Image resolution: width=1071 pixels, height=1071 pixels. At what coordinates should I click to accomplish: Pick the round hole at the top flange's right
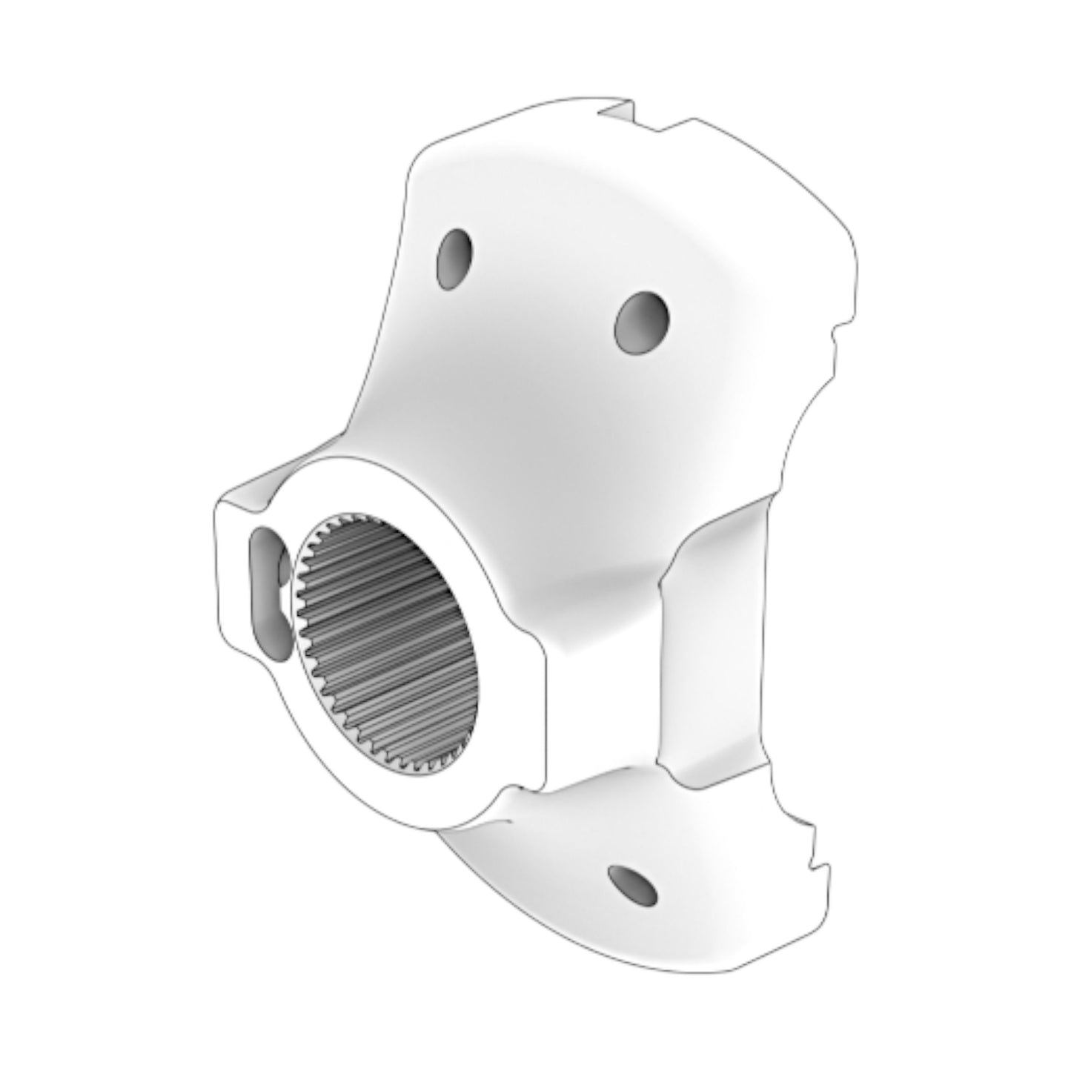pos(642,322)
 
